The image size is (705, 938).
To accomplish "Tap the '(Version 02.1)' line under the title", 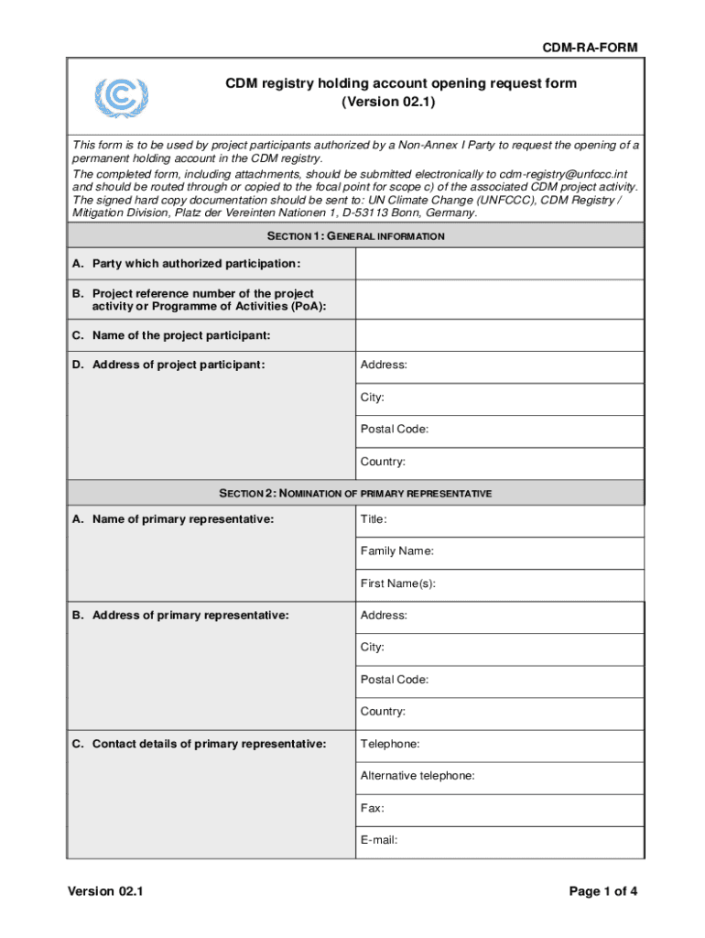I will click(x=401, y=102).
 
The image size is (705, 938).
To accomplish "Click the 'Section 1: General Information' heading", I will click(x=355, y=236).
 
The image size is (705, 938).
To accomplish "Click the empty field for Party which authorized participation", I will click(x=499, y=264).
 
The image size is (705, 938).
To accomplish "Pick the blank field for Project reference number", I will click(x=499, y=300).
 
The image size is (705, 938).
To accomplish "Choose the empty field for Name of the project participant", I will click(x=499, y=335).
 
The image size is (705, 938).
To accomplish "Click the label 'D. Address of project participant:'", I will click(x=169, y=365).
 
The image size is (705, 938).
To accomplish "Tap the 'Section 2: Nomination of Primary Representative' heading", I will click(x=355, y=493).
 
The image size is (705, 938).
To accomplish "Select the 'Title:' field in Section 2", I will click(x=499, y=519).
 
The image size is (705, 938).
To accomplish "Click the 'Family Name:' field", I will click(x=499, y=551).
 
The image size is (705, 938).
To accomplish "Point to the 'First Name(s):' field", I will click(x=499, y=584).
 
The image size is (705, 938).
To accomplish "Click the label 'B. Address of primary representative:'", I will click(x=181, y=616).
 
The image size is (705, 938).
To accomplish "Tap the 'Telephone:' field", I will click(x=499, y=744).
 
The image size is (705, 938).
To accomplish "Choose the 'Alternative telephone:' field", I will click(x=499, y=776).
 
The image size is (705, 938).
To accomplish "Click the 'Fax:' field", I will click(x=499, y=808).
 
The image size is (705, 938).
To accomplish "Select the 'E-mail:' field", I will click(x=499, y=840).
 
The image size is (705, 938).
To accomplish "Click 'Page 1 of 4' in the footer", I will click(x=602, y=891).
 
